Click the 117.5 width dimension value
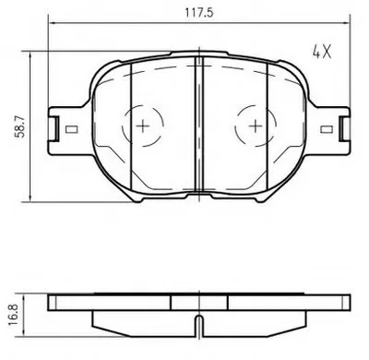click(x=198, y=13)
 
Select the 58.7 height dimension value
click(x=20, y=126)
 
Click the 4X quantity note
click(x=322, y=52)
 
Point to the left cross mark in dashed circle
click(x=143, y=126)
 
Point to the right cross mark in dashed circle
click(x=256, y=126)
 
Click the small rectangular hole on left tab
click(x=72, y=129)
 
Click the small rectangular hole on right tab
click(x=327, y=129)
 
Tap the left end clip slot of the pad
click(x=54, y=128)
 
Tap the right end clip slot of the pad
click(x=344, y=128)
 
